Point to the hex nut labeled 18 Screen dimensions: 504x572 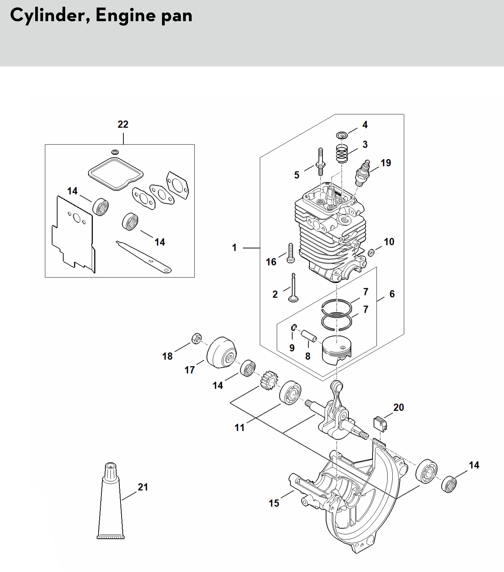point(197,338)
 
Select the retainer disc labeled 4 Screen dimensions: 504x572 point(342,135)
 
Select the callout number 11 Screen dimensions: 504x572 point(239,428)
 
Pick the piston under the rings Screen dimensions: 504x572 point(337,350)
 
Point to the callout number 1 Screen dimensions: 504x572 point(234,248)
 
